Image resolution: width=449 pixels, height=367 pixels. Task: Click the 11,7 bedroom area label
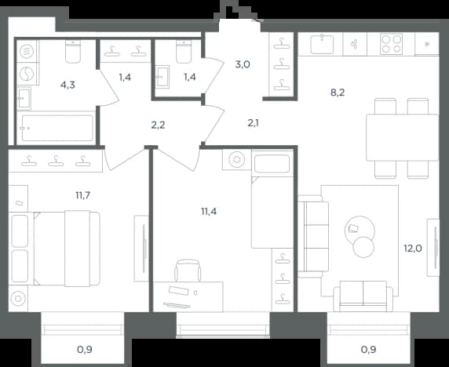click(82, 195)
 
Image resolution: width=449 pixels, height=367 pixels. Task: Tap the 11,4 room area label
click(209, 212)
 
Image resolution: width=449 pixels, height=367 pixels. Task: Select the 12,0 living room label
click(413, 248)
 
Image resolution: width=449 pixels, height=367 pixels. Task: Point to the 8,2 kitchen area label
click(338, 93)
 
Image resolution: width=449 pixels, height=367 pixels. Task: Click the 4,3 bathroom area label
click(68, 85)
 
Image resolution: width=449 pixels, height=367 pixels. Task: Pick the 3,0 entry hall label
click(243, 64)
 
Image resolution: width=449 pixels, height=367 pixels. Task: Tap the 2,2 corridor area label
click(158, 125)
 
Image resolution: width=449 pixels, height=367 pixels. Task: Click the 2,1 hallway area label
click(253, 123)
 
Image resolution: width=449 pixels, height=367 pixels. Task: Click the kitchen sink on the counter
click(322, 44)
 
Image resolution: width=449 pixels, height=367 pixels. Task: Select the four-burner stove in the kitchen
click(392, 44)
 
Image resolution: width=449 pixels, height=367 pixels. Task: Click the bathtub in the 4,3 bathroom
click(57, 128)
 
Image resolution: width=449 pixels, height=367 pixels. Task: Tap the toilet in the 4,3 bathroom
click(73, 51)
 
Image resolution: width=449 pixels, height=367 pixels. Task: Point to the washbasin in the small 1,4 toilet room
click(162, 77)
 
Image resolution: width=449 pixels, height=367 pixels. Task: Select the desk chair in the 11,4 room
click(188, 270)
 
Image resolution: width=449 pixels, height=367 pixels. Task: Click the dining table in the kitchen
click(403, 137)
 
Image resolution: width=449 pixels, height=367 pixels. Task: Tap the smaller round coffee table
click(363, 247)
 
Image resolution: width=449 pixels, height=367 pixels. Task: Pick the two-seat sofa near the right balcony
click(363, 296)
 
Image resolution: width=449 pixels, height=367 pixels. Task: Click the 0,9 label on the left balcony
click(85, 349)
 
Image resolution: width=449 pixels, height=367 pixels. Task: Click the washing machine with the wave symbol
click(27, 52)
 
